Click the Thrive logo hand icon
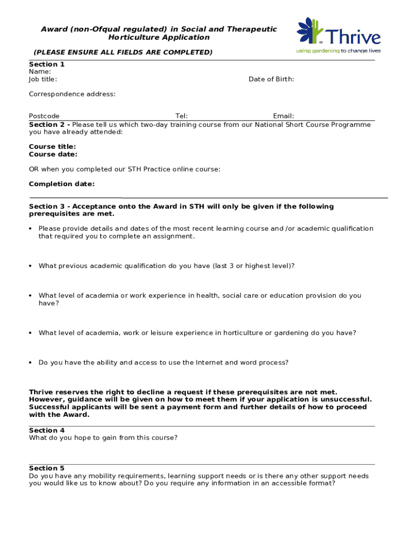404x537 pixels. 310,30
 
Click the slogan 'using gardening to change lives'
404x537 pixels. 338,51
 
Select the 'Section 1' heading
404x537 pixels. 47,65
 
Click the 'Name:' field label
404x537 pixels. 40,72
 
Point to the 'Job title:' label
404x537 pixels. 43,79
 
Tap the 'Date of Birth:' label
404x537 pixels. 271,79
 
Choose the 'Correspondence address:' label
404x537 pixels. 72,94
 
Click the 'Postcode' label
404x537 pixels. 44,116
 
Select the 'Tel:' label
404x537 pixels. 182,116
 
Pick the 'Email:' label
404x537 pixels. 283,116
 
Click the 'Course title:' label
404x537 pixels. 52,147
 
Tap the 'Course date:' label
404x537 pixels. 53,154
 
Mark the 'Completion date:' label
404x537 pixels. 62,184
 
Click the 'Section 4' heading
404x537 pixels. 47,431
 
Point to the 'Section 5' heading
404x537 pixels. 47,468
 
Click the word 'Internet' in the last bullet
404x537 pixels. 209,363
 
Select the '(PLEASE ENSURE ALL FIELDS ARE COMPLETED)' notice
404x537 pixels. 123,52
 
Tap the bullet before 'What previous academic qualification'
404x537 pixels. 31,266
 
